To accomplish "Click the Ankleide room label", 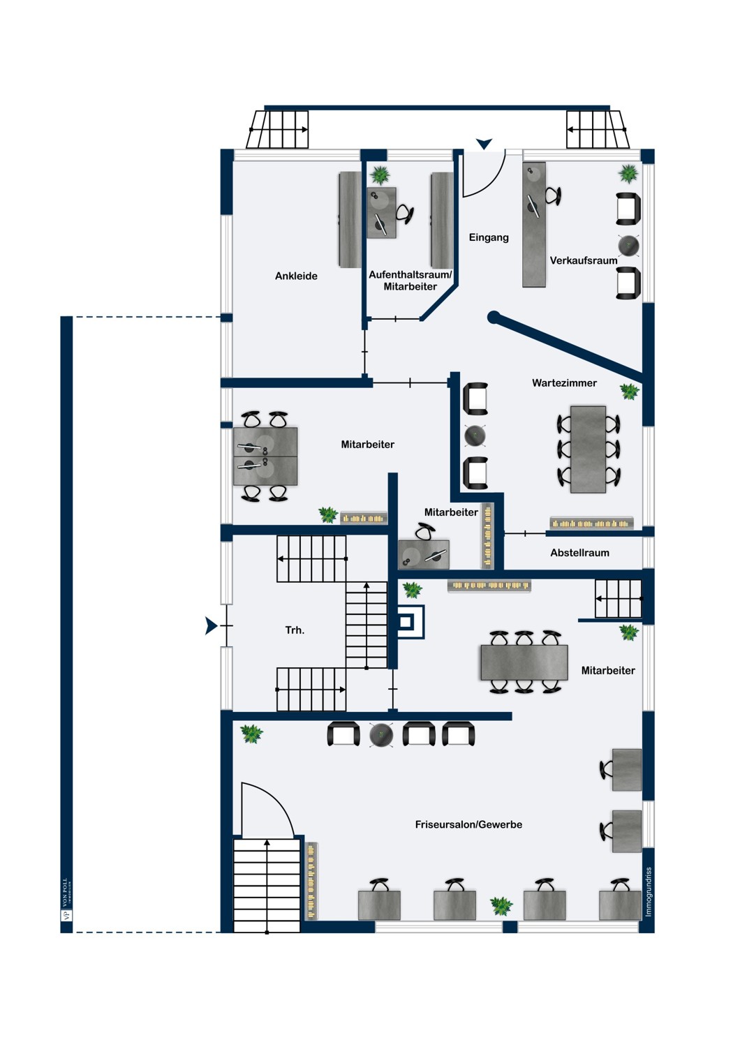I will coord(296,276).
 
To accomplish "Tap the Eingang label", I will coord(489,237).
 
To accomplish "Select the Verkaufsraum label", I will coord(584,260).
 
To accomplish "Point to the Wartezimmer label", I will coord(564,383).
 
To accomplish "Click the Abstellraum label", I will coord(579,553).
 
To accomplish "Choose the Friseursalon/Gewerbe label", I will coord(468,824).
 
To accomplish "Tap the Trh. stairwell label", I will coord(295,630).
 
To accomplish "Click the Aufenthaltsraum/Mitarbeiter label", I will coord(410,281).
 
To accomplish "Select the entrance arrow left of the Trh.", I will coord(211,626).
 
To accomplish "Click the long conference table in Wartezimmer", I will coord(588,449).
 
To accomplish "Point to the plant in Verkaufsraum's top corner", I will coord(628,173).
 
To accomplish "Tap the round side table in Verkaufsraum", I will coord(628,246).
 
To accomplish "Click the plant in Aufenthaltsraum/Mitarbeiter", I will coord(380,174).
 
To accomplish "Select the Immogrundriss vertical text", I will coord(649,891).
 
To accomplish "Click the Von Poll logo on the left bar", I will coord(67,900).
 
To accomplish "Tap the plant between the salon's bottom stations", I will coord(501,906).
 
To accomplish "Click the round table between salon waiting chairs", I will coord(381,734).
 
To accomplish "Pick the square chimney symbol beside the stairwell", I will coord(410,621).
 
